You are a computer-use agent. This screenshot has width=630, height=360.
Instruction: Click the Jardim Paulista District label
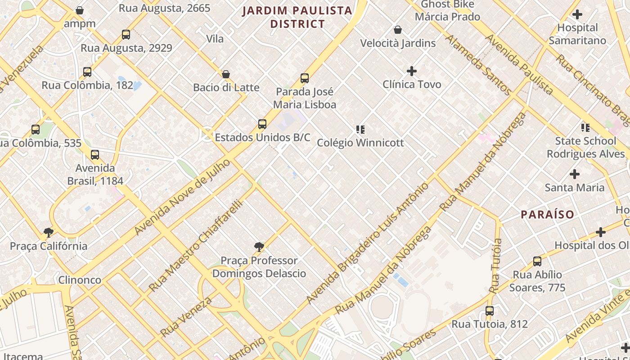pos(297,17)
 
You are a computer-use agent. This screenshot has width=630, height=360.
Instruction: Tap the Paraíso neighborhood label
pos(548,214)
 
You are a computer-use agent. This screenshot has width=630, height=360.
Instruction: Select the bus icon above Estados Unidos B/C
pos(262,124)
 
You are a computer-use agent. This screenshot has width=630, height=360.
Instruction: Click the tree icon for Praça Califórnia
pos(49,233)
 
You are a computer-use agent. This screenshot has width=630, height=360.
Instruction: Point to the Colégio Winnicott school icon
pos(360,130)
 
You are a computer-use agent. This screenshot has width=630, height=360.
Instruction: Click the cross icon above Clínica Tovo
pos(411,71)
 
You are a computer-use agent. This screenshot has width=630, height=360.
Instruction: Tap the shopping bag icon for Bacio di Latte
pos(226,74)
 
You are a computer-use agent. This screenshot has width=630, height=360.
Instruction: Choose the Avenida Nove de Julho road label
pos(182,197)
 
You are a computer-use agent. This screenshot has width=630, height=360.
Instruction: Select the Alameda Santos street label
pos(478,65)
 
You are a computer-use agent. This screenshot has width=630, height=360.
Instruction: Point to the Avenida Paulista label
pos(519,64)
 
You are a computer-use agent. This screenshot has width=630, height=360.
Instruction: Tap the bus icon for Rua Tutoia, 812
pos(490,311)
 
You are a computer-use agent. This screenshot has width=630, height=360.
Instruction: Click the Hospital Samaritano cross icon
pos(577,14)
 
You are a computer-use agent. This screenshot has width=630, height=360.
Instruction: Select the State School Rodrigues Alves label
pos(585,148)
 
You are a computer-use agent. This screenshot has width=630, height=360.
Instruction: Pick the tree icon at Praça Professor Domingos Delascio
pos(259,247)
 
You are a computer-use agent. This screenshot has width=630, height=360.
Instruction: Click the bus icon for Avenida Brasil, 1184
pos(95,155)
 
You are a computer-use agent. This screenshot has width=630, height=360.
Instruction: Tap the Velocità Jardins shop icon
pos(397,30)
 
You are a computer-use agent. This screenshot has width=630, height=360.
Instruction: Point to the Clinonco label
pos(80,280)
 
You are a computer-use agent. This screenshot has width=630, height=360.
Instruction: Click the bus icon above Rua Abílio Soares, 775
pos(537,261)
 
